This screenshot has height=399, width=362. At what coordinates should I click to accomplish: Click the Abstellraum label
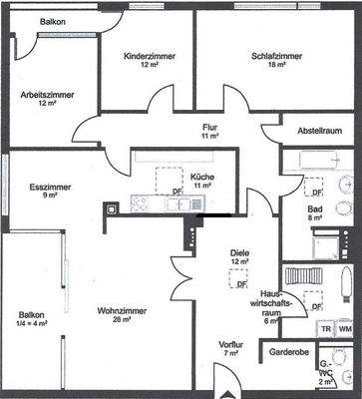319,130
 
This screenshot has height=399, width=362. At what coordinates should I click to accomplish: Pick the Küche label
203,177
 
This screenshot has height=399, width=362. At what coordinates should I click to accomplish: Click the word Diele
238,252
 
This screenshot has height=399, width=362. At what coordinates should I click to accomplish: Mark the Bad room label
314,208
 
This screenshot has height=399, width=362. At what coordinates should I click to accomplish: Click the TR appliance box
325,329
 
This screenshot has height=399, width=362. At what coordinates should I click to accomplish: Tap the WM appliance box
344,329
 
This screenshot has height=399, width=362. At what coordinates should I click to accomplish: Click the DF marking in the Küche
178,192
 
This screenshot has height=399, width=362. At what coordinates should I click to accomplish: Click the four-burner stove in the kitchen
140,203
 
